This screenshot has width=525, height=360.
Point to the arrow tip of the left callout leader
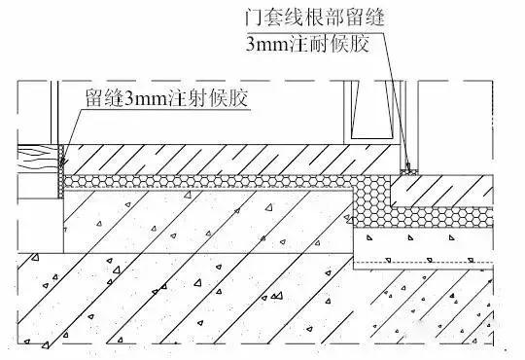click(x=62, y=156)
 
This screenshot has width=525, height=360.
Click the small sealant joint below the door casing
click(x=409, y=168)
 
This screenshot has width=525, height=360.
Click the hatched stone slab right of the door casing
click(x=457, y=190)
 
